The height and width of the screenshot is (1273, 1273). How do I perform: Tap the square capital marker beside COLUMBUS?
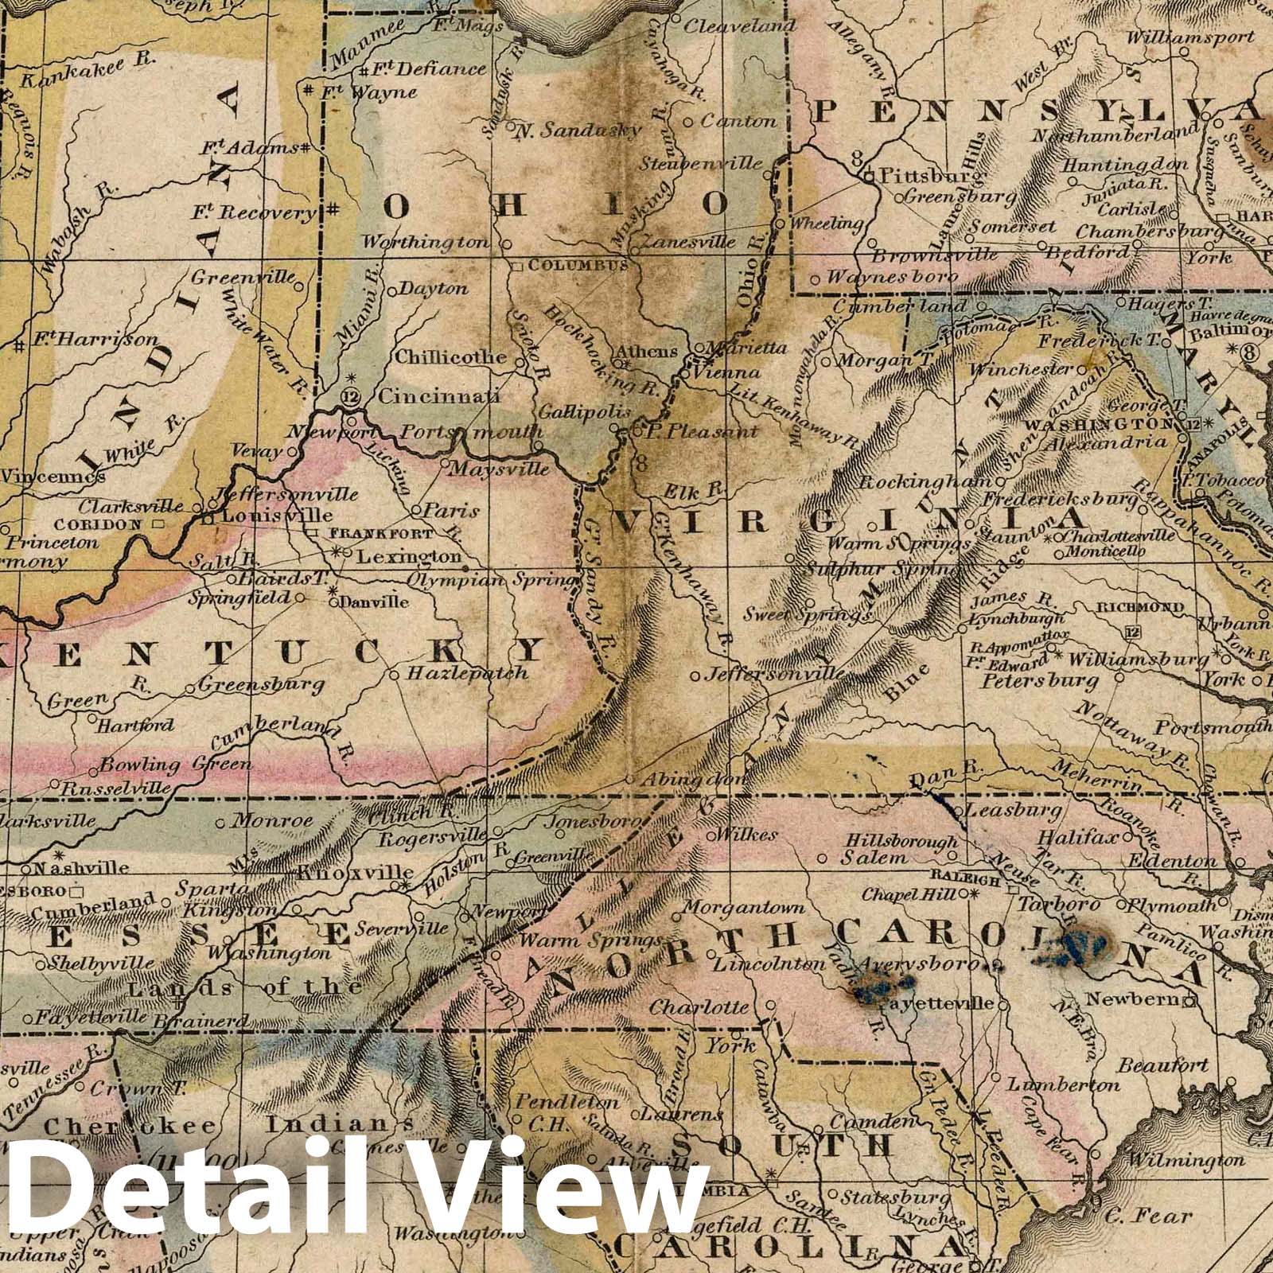pyautogui.click(x=517, y=265)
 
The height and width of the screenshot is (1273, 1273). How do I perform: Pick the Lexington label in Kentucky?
pyautogui.click(x=408, y=557)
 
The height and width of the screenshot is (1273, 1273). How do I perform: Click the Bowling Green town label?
pyautogui.click(x=176, y=765)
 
